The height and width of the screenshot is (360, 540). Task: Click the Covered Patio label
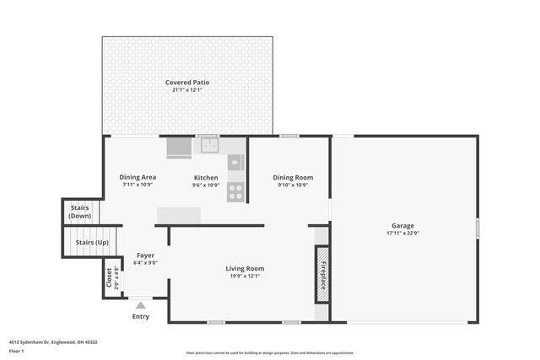tap(187, 82)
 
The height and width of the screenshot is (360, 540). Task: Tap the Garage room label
tap(402, 225)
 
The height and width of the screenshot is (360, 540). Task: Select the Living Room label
tap(245, 268)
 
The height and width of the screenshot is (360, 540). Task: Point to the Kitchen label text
tap(206, 177)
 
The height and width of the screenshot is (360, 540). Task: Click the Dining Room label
tap(293, 177)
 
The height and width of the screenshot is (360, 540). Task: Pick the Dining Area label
tap(137, 177)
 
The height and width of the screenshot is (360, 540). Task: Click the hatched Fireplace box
tap(321, 274)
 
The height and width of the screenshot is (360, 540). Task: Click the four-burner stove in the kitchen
tap(235, 191)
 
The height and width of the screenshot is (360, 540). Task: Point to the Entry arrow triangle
tap(140, 305)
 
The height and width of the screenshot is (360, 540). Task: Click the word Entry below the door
tap(140, 316)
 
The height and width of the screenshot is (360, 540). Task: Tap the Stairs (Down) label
tap(80, 212)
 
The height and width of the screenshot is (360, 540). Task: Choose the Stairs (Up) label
tap(92, 243)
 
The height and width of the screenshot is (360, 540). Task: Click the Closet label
tap(108, 277)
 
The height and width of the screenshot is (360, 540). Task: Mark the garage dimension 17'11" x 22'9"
tap(402, 233)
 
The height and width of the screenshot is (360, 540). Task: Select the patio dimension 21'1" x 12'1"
tap(187, 89)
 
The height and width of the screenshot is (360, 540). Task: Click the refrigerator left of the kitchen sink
tap(179, 148)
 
